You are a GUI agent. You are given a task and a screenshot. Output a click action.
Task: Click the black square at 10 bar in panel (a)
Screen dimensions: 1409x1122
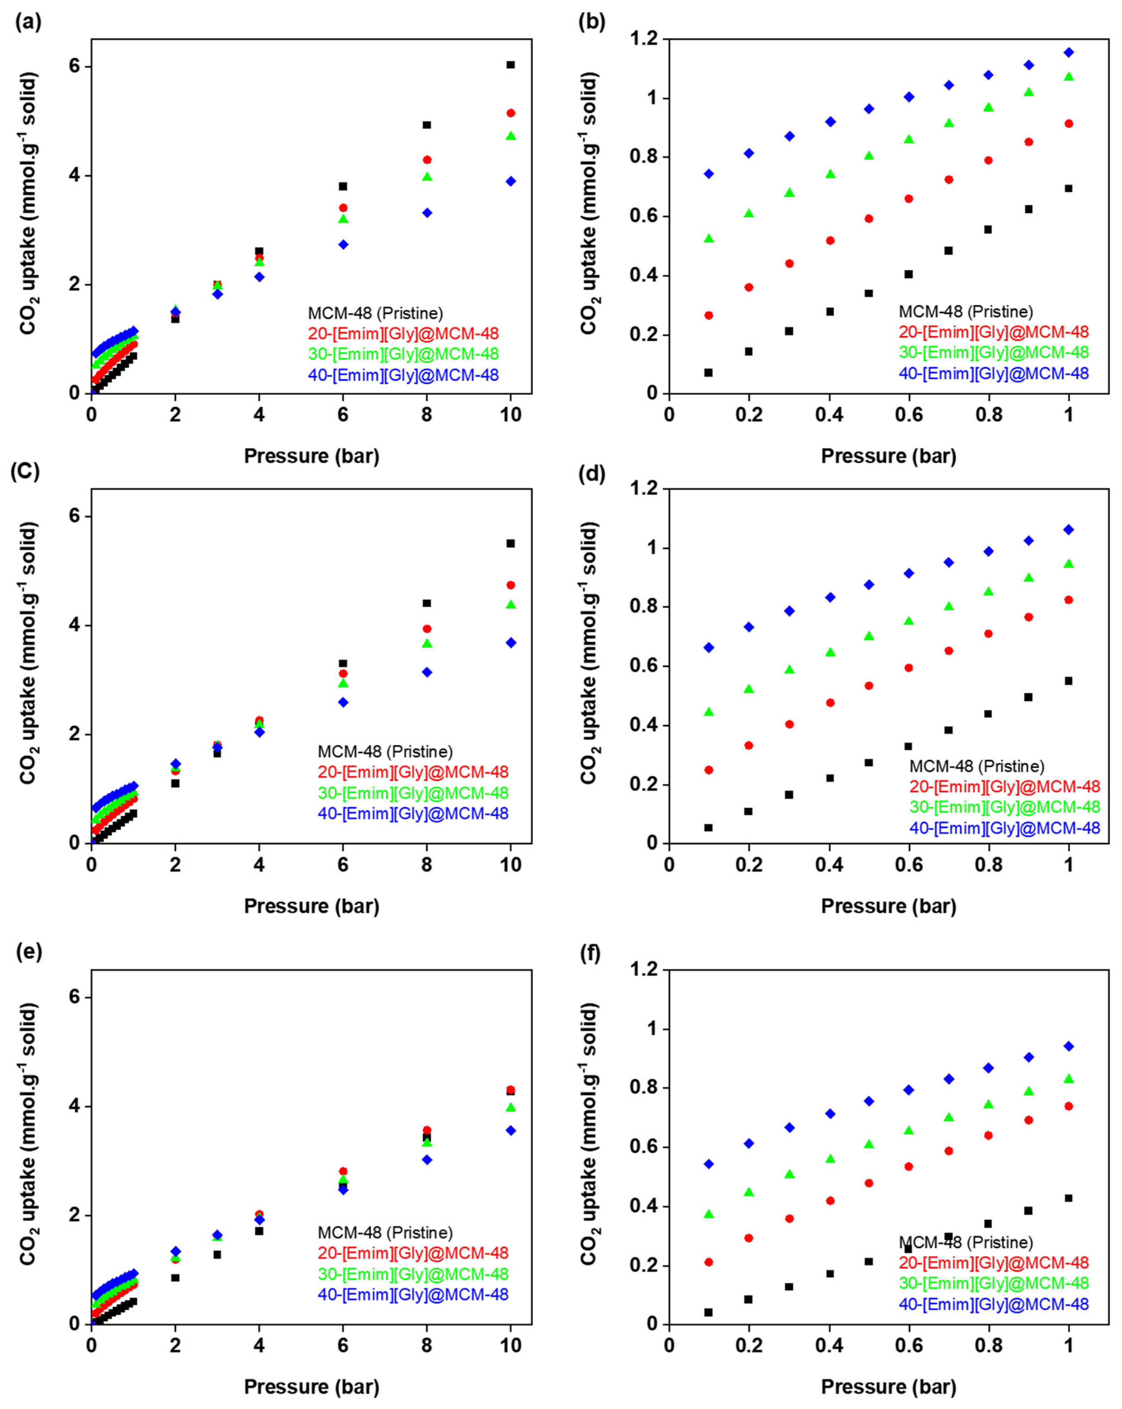pyautogui.click(x=511, y=65)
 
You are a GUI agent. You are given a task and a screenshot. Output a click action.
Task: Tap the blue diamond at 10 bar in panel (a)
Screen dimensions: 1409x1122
pyautogui.click(x=511, y=181)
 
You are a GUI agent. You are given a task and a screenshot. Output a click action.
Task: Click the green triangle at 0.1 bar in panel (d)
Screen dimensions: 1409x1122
pyautogui.click(x=709, y=712)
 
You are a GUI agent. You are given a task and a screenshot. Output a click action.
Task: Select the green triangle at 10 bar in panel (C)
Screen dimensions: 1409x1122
pyautogui.click(x=511, y=605)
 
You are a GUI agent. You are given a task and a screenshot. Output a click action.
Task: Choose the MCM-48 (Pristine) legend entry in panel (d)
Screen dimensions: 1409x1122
pyautogui.click(x=977, y=766)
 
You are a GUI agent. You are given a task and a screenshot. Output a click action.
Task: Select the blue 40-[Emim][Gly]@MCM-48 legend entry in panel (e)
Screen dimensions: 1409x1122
pyautogui.click(x=413, y=1294)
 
